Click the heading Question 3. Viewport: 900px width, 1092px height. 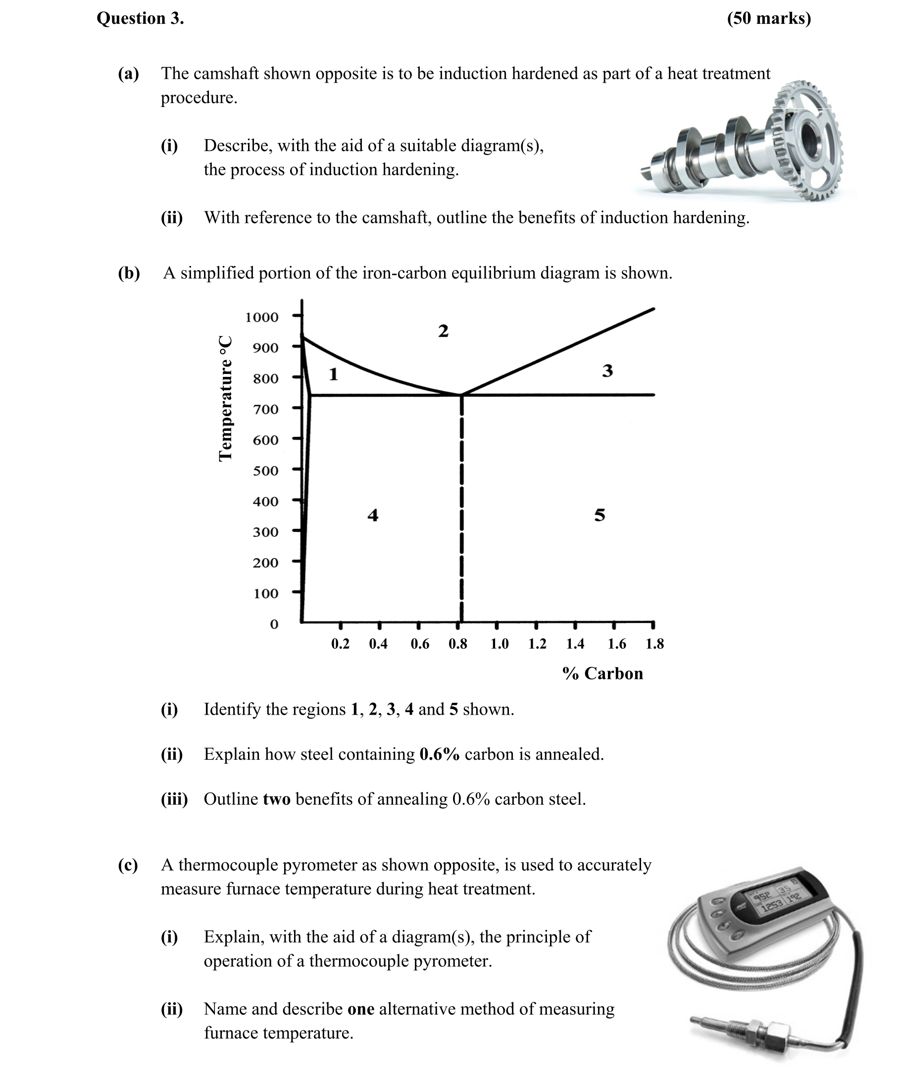pyautogui.click(x=140, y=18)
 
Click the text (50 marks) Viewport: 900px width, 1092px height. pyautogui.click(x=769, y=18)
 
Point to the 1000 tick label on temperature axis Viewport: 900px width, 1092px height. pyautogui.click(x=262, y=317)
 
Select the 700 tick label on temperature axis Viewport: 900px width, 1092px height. pyautogui.click(x=265, y=409)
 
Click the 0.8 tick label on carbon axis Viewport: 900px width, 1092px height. pyautogui.click(x=458, y=644)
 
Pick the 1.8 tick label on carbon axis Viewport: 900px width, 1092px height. pyautogui.click(x=655, y=644)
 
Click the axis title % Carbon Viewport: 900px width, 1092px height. pyautogui.click(x=602, y=674)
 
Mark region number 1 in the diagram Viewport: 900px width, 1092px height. pyautogui.click(x=334, y=374)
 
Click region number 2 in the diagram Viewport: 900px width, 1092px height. pyautogui.click(x=443, y=331)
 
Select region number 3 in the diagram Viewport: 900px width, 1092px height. pyautogui.click(x=607, y=371)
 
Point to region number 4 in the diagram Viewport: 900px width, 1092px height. pyautogui.click(x=373, y=515)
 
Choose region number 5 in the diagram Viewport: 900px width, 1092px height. pyautogui.click(x=600, y=515)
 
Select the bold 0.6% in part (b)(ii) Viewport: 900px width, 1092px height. pyautogui.click(x=439, y=754)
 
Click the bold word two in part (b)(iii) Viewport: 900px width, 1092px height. pyautogui.click(x=276, y=799)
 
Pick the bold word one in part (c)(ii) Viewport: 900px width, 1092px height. pyautogui.click(x=360, y=1009)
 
